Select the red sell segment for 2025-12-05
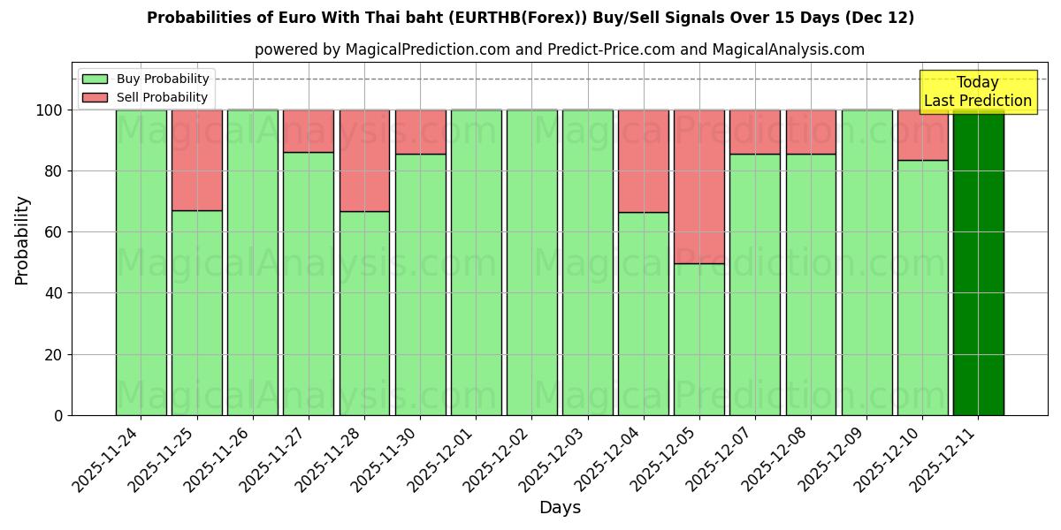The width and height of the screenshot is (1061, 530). tap(699, 186)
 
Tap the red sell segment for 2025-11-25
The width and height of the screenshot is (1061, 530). tap(196, 160)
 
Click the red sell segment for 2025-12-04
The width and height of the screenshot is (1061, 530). tap(643, 161)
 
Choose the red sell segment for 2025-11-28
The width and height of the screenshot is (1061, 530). tap(364, 161)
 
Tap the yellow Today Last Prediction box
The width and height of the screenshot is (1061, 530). tap(978, 92)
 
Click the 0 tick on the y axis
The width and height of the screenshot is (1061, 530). tap(58, 415)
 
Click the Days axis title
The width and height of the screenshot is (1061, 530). tap(560, 508)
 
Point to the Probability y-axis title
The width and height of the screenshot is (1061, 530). tap(22, 239)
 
